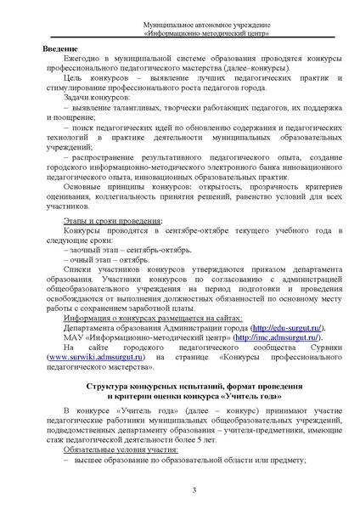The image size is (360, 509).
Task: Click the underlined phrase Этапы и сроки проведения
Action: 99,220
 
